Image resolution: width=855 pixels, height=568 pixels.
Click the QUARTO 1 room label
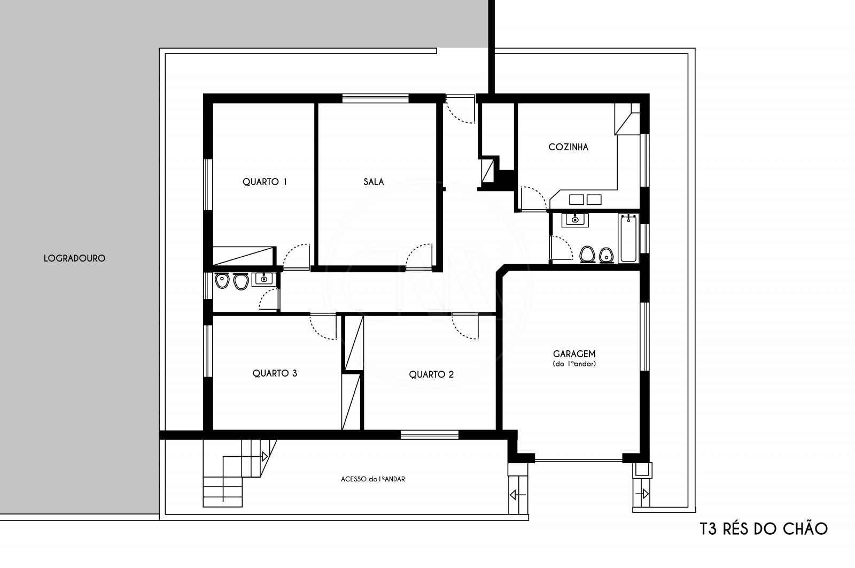coord(265,182)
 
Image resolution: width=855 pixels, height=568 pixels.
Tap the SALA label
coord(374,182)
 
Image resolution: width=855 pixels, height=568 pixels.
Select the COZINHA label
coord(569,147)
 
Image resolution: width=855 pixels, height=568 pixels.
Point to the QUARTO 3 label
coord(275,373)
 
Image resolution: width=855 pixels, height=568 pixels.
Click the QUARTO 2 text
coord(431,374)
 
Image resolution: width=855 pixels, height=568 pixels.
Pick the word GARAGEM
coord(574,354)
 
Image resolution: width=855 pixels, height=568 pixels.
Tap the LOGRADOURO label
coord(74,258)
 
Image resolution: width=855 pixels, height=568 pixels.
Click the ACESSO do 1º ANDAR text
coord(373,479)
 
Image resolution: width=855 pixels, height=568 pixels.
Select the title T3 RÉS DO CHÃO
coord(764,529)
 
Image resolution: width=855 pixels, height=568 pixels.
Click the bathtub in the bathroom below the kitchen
coord(628,238)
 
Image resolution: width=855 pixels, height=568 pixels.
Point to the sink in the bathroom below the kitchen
coord(575,220)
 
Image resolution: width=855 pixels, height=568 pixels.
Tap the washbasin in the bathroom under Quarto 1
coord(263,279)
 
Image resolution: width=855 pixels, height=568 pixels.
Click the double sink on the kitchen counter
coord(585,199)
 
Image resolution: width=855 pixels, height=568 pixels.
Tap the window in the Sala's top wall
coord(375,98)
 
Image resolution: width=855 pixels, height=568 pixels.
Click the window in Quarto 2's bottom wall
coord(430,435)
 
